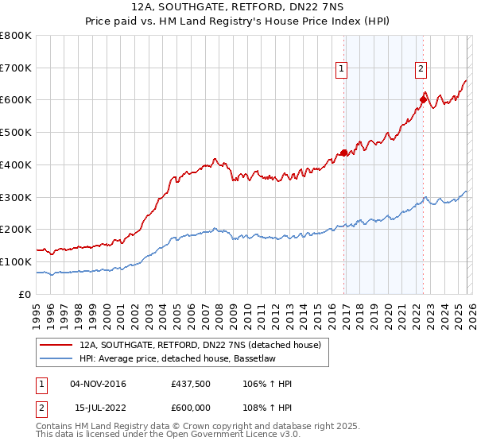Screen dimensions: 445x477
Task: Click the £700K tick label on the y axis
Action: coord(16,68)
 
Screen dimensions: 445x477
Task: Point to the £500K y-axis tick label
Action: coord(16,133)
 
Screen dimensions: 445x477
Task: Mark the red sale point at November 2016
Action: coord(343,153)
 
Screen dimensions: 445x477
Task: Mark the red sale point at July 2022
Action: coord(423,99)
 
